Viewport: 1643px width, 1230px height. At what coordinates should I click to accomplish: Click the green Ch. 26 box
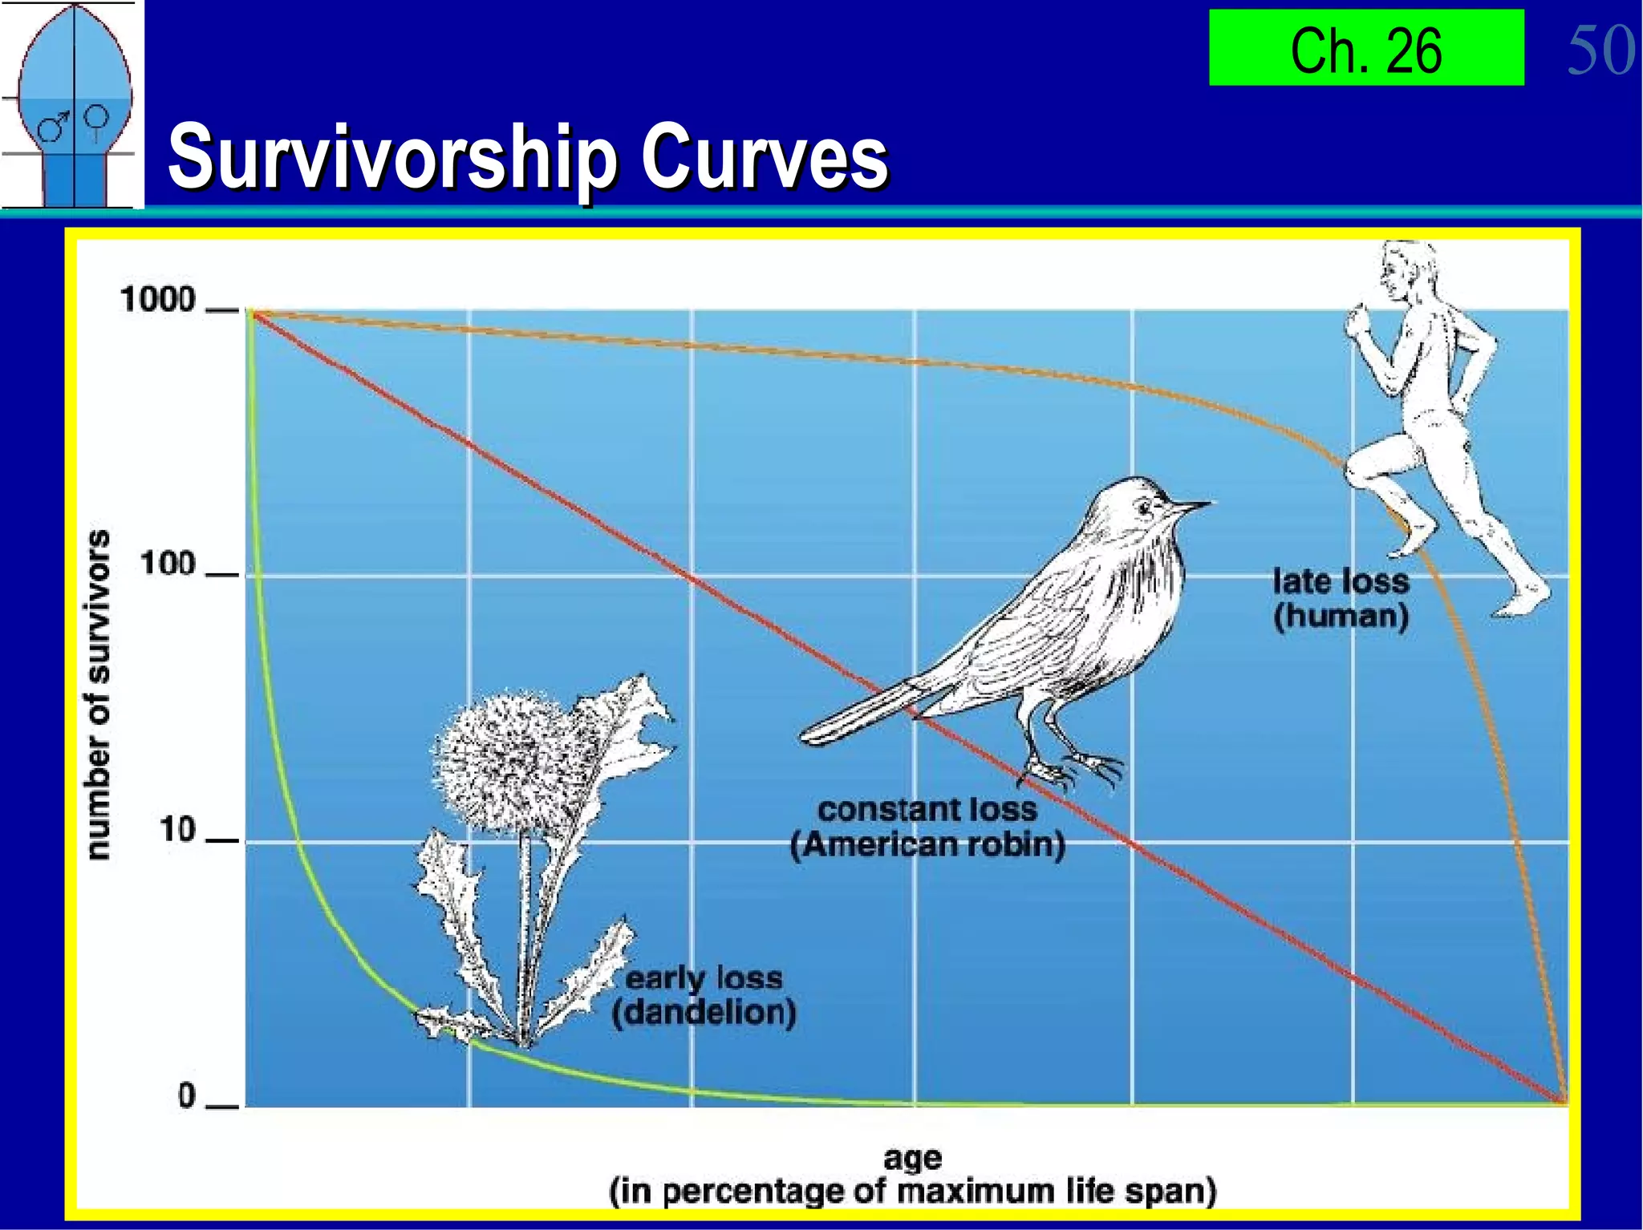point(1365,48)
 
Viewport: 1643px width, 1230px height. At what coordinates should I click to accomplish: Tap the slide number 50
point(1600,50)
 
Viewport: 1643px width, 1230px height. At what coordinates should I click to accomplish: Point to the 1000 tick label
point(158,300)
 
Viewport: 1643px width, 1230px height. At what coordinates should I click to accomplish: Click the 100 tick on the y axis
point(168,564)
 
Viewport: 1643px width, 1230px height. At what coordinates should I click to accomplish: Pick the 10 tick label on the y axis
point(177,830)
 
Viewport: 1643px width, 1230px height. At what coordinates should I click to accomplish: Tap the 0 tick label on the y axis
point(186,1095)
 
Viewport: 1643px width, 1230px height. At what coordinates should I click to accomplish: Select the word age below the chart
point(912,1158)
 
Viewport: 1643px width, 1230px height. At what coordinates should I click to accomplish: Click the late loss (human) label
point(1341,599)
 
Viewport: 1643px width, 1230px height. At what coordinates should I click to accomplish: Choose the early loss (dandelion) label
point(704,995)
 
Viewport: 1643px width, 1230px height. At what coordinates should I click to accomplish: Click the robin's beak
point(1191,506)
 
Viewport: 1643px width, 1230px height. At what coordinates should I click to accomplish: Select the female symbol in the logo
point(97,119)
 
